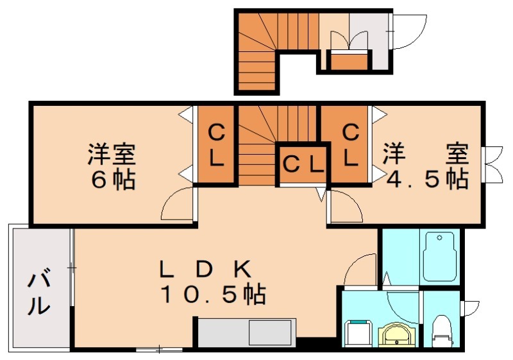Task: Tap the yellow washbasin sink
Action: click(x=398, y=334)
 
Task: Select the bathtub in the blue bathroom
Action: click(x=439, y=257)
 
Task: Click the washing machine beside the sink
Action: click(x=359, y=333)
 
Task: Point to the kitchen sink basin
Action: click(x=270, y=332)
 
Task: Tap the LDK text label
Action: click(x=205, y=270)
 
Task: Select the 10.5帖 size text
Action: click(x=213, y=294)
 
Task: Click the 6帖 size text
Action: click(x=113, y=180)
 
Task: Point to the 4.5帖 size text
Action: click(x=427, y=179)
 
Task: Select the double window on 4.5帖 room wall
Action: click(x=493, y=164)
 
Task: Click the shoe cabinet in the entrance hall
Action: click(x=349, y=62)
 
